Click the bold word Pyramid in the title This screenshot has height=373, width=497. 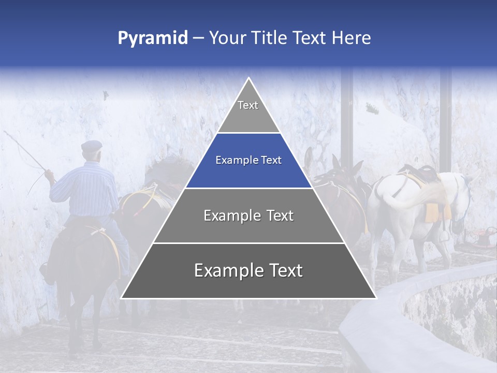152,38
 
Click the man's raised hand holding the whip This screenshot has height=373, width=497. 49,175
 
